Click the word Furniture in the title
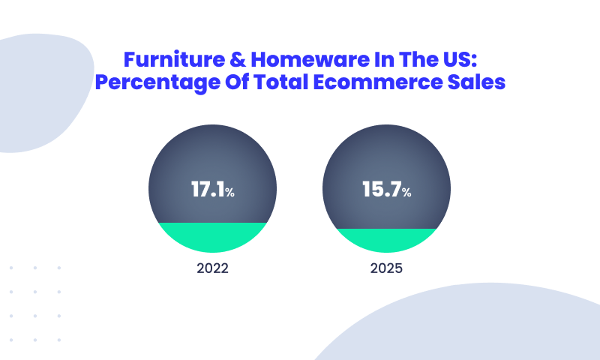click(174, 59)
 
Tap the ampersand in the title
click(238, 59)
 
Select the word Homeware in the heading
click(310, 59)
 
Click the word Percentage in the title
click(157, 82)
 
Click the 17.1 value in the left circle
click(208, 189)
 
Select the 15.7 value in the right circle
click(382, 189)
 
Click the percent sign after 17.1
click(229, 192)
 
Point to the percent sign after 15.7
click(406, 192)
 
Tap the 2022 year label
click(212, 268)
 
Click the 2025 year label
click(386, 268)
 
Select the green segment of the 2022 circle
click(212, 236)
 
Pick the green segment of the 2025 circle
click(386, 240)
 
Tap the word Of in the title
click(237, 82)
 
